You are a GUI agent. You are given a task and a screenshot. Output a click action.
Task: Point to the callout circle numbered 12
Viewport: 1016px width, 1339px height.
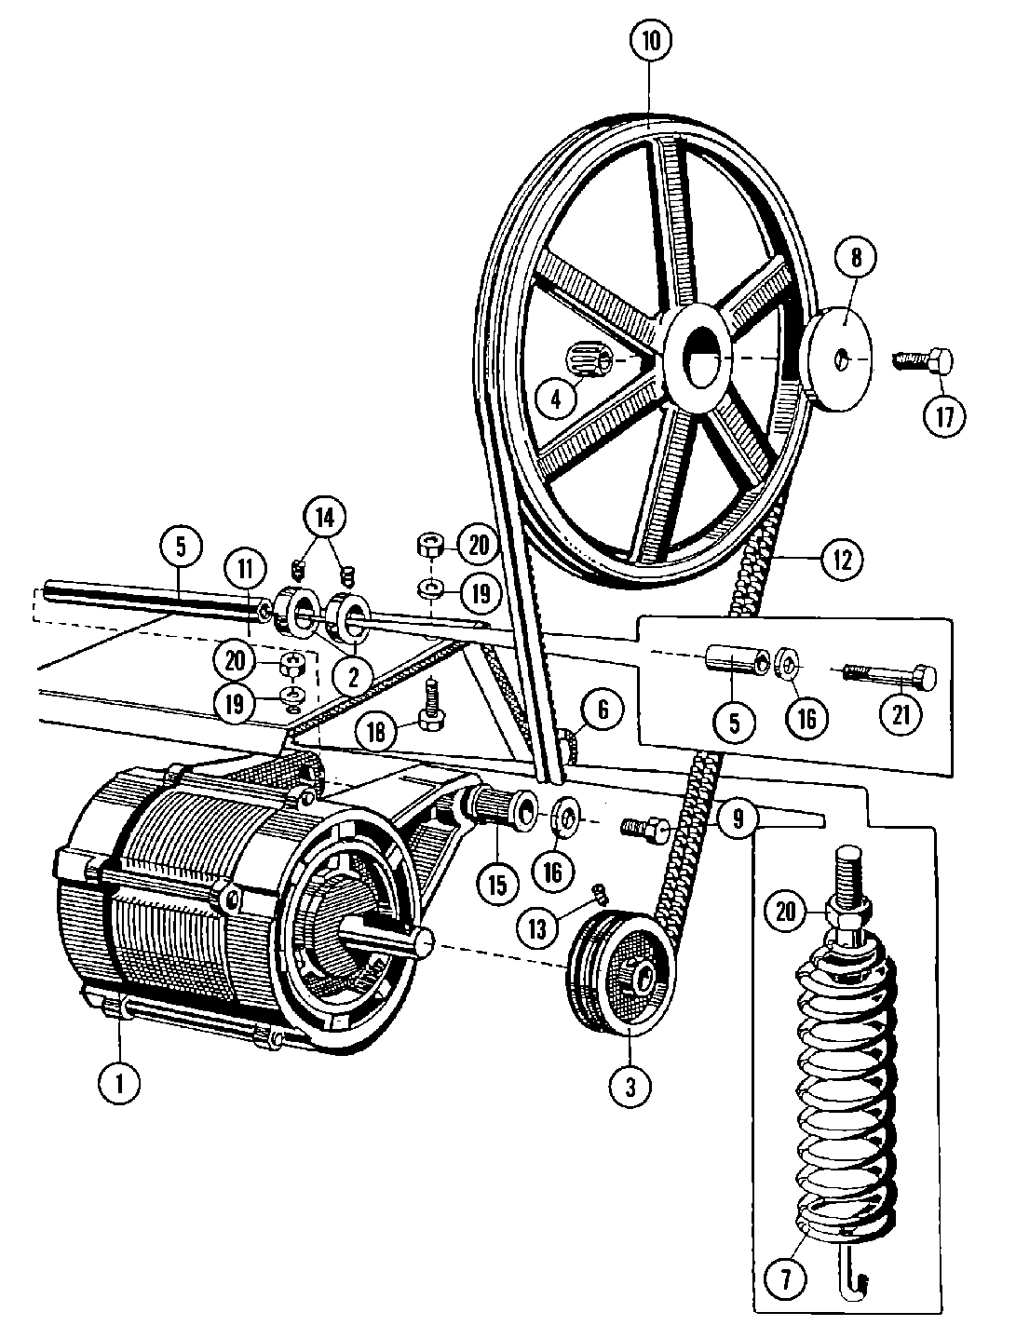(842, 561)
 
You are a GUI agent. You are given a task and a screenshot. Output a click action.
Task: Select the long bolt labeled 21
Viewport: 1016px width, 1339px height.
(889, 677)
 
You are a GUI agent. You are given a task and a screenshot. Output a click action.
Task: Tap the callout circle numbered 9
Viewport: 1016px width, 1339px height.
(738, 818)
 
